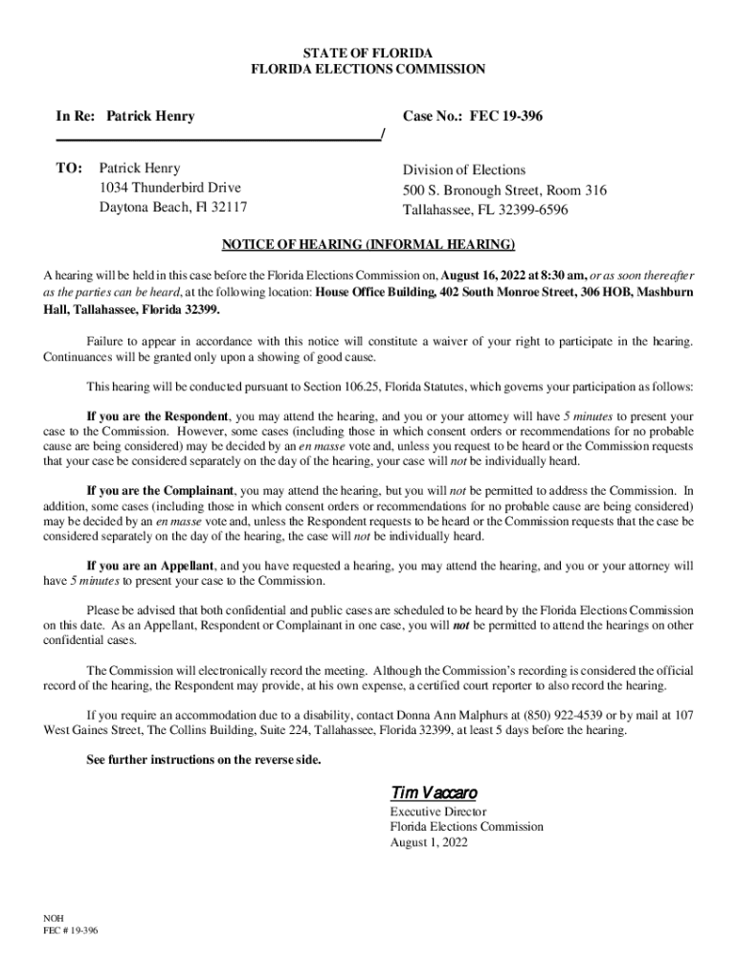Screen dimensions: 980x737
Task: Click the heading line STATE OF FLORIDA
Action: coord(368,51)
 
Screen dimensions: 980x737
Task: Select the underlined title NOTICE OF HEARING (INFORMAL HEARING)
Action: coord(368,243)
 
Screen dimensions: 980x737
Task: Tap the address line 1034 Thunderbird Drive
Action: coord(170,188)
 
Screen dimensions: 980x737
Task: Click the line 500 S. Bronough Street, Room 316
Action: coord(504,190)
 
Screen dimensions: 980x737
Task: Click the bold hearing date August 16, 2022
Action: coord(503,272)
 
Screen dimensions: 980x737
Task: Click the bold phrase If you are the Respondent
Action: coord(158,417)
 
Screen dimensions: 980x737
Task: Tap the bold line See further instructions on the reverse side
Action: coord(204,760)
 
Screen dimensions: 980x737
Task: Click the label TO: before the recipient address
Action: coord(70,168)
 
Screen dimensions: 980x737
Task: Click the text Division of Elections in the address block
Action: coord(464,170)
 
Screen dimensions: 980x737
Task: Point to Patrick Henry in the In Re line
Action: coord(150,116)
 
